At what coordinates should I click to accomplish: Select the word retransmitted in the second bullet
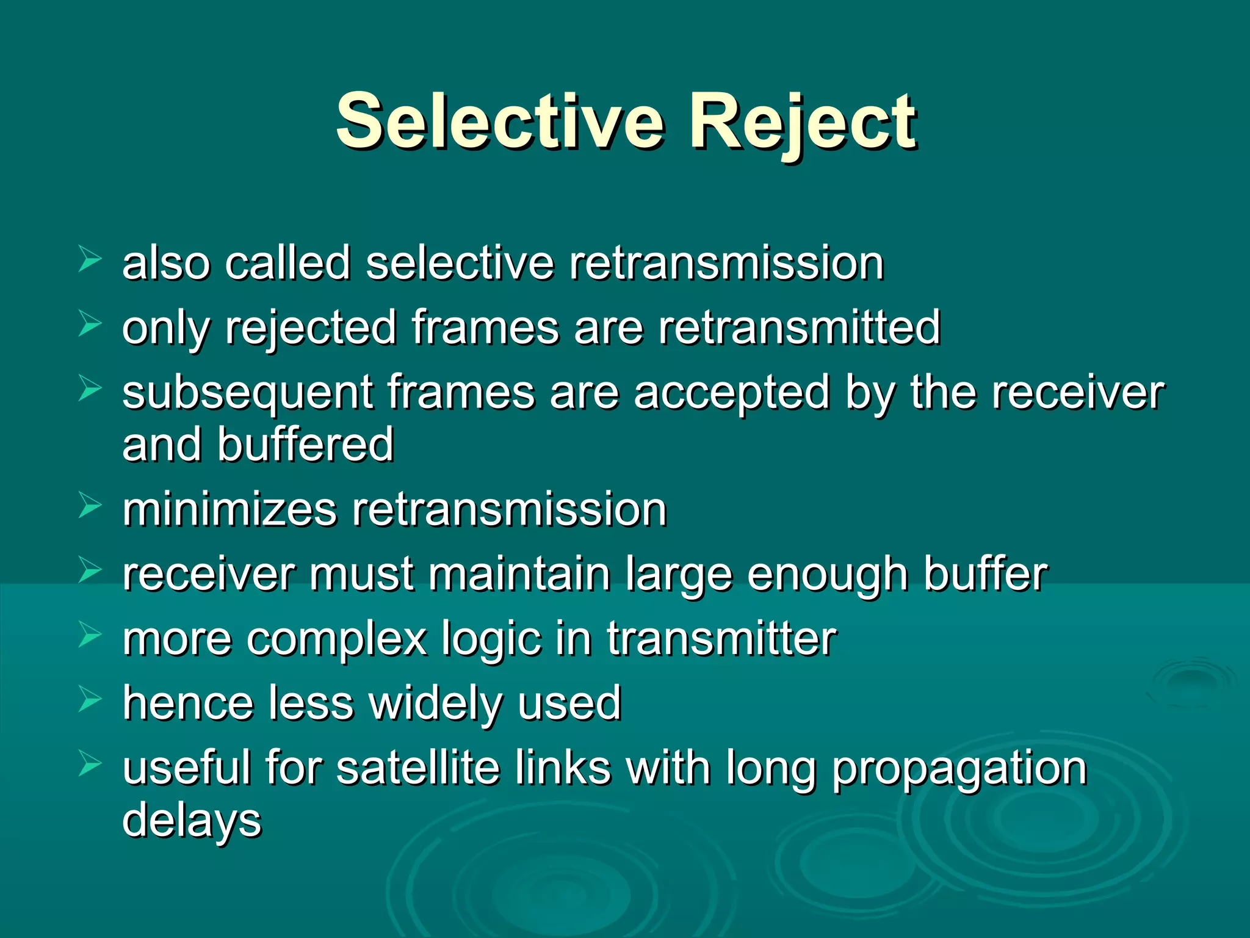pos(800,327)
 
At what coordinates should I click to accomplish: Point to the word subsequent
pos(247,394)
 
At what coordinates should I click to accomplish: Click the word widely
pos(436,703)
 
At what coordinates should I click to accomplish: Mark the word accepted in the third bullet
pos(732,394)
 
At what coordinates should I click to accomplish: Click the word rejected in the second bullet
pos(311,329)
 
